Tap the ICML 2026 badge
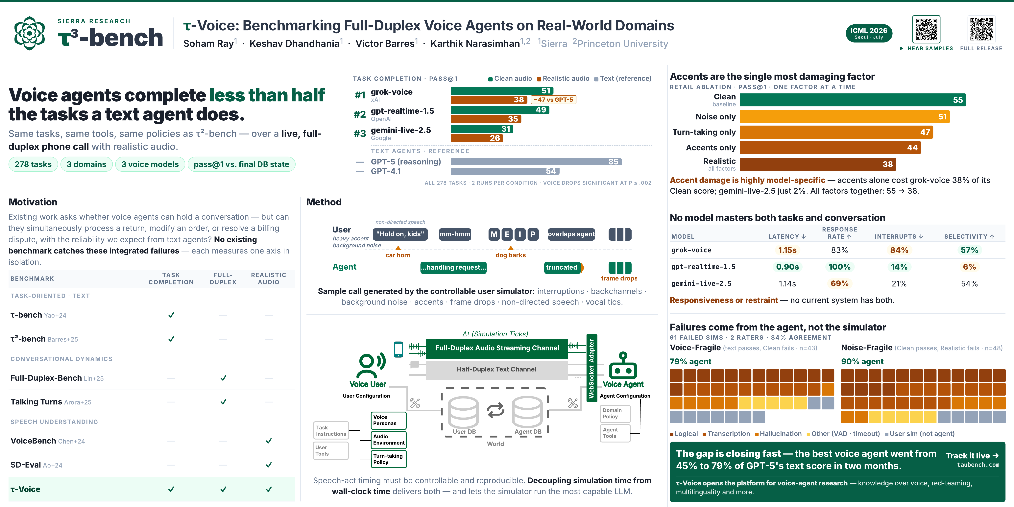coord(869,33)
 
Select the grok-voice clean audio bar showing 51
coord(502,90)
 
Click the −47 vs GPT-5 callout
coord(553,100)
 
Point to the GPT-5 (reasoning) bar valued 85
coord(536,162)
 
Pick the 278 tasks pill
coord(33,164)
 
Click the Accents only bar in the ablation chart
coord(830,148)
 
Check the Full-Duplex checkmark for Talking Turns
coord(223,402)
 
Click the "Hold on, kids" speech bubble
coord(400,234)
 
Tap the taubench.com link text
coord(978,465)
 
